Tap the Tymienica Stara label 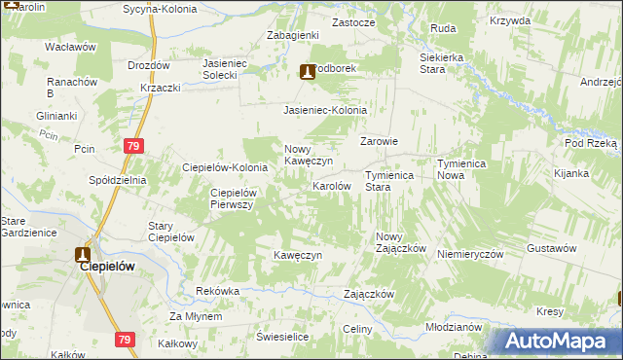390,181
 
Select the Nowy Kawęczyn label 309,155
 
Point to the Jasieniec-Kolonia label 325,111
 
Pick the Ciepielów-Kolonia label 226,167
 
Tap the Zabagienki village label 294,35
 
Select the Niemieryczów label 470,252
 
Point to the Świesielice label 282,336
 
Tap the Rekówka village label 217,291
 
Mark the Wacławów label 70,46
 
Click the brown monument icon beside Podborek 308,71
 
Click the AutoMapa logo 550,341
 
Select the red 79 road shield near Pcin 135,146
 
